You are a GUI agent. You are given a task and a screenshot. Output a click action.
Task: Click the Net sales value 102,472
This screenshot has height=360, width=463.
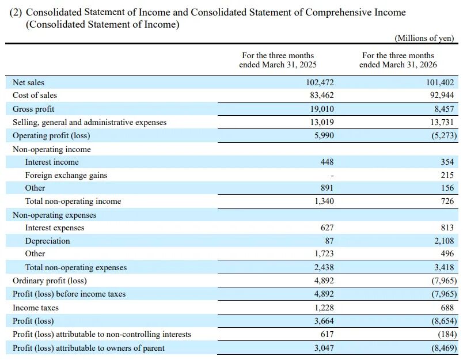pos(320,82)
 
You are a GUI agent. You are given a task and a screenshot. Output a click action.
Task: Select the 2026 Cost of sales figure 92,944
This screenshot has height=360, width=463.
pos(442,96)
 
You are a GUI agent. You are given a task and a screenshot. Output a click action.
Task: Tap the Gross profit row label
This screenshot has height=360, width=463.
pos(33,109)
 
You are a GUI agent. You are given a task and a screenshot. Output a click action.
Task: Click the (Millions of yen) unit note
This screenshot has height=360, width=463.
pos(424,38)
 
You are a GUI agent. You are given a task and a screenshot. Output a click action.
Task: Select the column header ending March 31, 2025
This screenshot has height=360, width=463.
pos(278,60)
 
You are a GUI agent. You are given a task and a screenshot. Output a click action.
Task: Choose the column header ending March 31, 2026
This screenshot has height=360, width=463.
pos(398,60)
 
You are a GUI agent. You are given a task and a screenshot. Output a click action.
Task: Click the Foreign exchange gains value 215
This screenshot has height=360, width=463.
pos(447,175)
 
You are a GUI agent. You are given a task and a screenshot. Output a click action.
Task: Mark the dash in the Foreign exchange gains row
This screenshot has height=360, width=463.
pos(332,176)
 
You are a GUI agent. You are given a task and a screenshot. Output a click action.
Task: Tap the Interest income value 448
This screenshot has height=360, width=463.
pos(327,162)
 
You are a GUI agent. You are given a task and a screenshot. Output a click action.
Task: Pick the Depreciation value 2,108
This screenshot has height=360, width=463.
pos(444,241)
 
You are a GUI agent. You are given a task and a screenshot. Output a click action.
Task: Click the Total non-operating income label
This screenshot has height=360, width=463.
pos(73,201)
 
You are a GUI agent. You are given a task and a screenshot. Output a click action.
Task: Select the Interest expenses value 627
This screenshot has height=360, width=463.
pos(327,228)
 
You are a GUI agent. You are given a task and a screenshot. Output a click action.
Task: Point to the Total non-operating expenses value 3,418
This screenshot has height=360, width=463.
pos(444,267)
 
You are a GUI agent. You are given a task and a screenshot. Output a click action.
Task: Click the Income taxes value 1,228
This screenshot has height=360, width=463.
pos(324,308)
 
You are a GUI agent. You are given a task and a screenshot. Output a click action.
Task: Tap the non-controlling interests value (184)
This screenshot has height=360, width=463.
pos(447,334)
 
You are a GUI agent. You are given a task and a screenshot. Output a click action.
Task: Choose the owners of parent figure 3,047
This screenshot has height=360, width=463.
pos(324,348)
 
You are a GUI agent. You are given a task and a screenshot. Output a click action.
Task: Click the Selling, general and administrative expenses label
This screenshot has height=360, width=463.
pos(89,122)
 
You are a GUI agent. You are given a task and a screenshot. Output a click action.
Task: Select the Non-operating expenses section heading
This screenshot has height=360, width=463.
pos(55,215)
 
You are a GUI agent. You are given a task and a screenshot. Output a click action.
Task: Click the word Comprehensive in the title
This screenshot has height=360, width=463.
pos(339,13)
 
